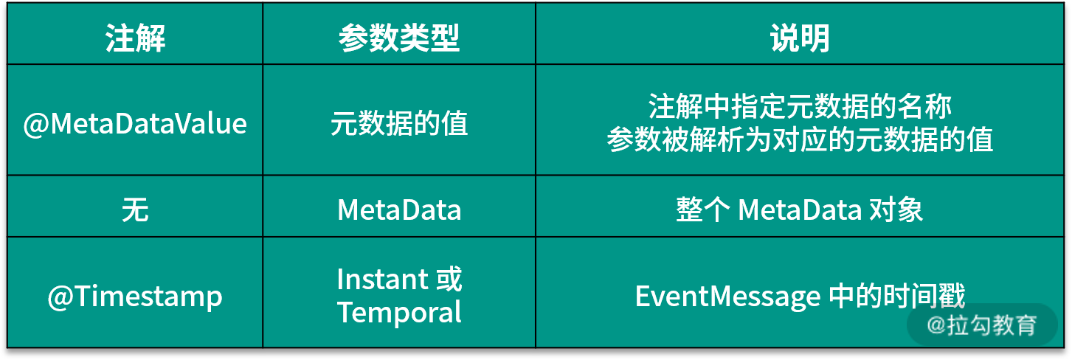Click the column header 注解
click(135, 38)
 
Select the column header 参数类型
click(398, 38)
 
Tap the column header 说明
click(799, 38)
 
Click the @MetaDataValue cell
click(135, 123)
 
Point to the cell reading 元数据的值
click(398, 123)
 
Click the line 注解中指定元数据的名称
click(799, 106)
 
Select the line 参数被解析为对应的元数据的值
click(799, 139)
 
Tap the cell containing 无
click(135, 210)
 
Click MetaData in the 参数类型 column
click(398, 210)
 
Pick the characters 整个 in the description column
click(702, 210)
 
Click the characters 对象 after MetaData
click(896, 210)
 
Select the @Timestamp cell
click(135, 297)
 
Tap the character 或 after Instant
click(449, 279)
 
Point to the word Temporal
click(398, 313)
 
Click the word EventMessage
click(727, 297)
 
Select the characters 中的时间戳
click(897, 296)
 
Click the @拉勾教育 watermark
click(981, 325)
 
